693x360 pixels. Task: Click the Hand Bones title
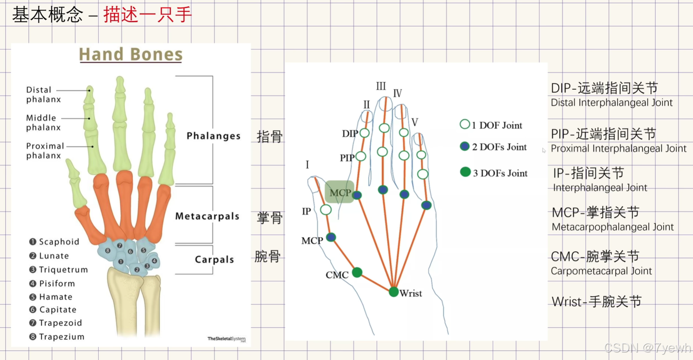click(x=131, y=54)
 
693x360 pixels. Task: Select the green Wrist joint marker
click(x=393, y=291)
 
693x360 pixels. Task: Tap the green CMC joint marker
click(x=357, y=272)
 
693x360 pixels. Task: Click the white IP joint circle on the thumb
click(x=326, y=210)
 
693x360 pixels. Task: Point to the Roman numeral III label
click(x=381, y=86)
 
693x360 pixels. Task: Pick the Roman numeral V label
click(x=415, y=122)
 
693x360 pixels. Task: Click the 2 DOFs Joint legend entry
click(x=494, y=147)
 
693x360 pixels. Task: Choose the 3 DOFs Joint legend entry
click(x=494, y=173)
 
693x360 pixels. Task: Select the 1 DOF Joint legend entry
click(x=491, y=125)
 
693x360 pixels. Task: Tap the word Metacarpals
click(x=207, y=216)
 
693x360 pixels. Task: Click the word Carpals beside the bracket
click(x=214, y=260)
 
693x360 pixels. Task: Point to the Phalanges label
click(x=213, y=136)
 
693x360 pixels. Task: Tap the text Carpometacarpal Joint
click(x=601, y=271)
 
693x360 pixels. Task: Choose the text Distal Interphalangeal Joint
click(x=612, y=103)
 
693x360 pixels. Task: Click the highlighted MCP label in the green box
click(x=340, y=193)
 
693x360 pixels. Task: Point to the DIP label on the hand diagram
click(x=350, y=134)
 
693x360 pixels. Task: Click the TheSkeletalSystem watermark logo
click(x=226, y=339)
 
